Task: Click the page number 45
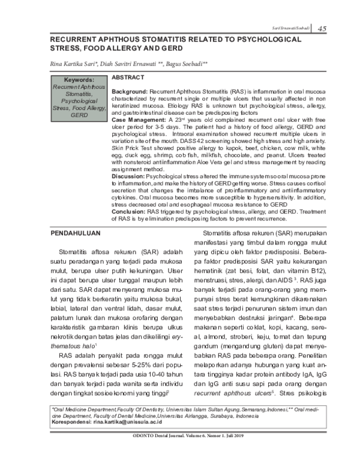coord(322,28)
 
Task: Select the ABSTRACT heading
coord(128,78)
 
